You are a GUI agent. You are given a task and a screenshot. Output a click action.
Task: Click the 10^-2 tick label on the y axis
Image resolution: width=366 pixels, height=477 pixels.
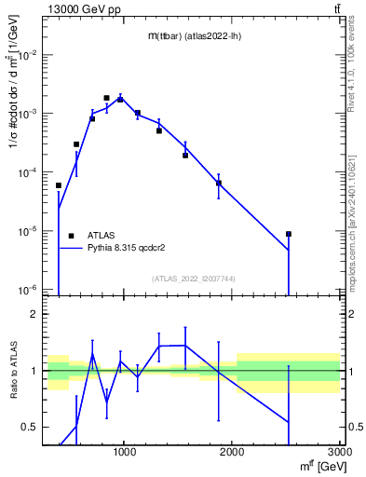[x=30, y=55]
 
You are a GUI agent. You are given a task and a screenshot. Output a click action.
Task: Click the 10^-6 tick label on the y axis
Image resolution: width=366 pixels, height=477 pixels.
[x=30, y=289]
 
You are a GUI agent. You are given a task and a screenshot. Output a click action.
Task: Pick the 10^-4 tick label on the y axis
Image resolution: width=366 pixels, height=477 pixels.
[x=30, y=172]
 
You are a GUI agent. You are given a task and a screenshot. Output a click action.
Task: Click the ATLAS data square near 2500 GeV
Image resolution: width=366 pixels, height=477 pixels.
[x=289, y=234]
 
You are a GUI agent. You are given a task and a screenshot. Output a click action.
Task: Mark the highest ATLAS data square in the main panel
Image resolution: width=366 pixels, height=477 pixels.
[x=106, y=98]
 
